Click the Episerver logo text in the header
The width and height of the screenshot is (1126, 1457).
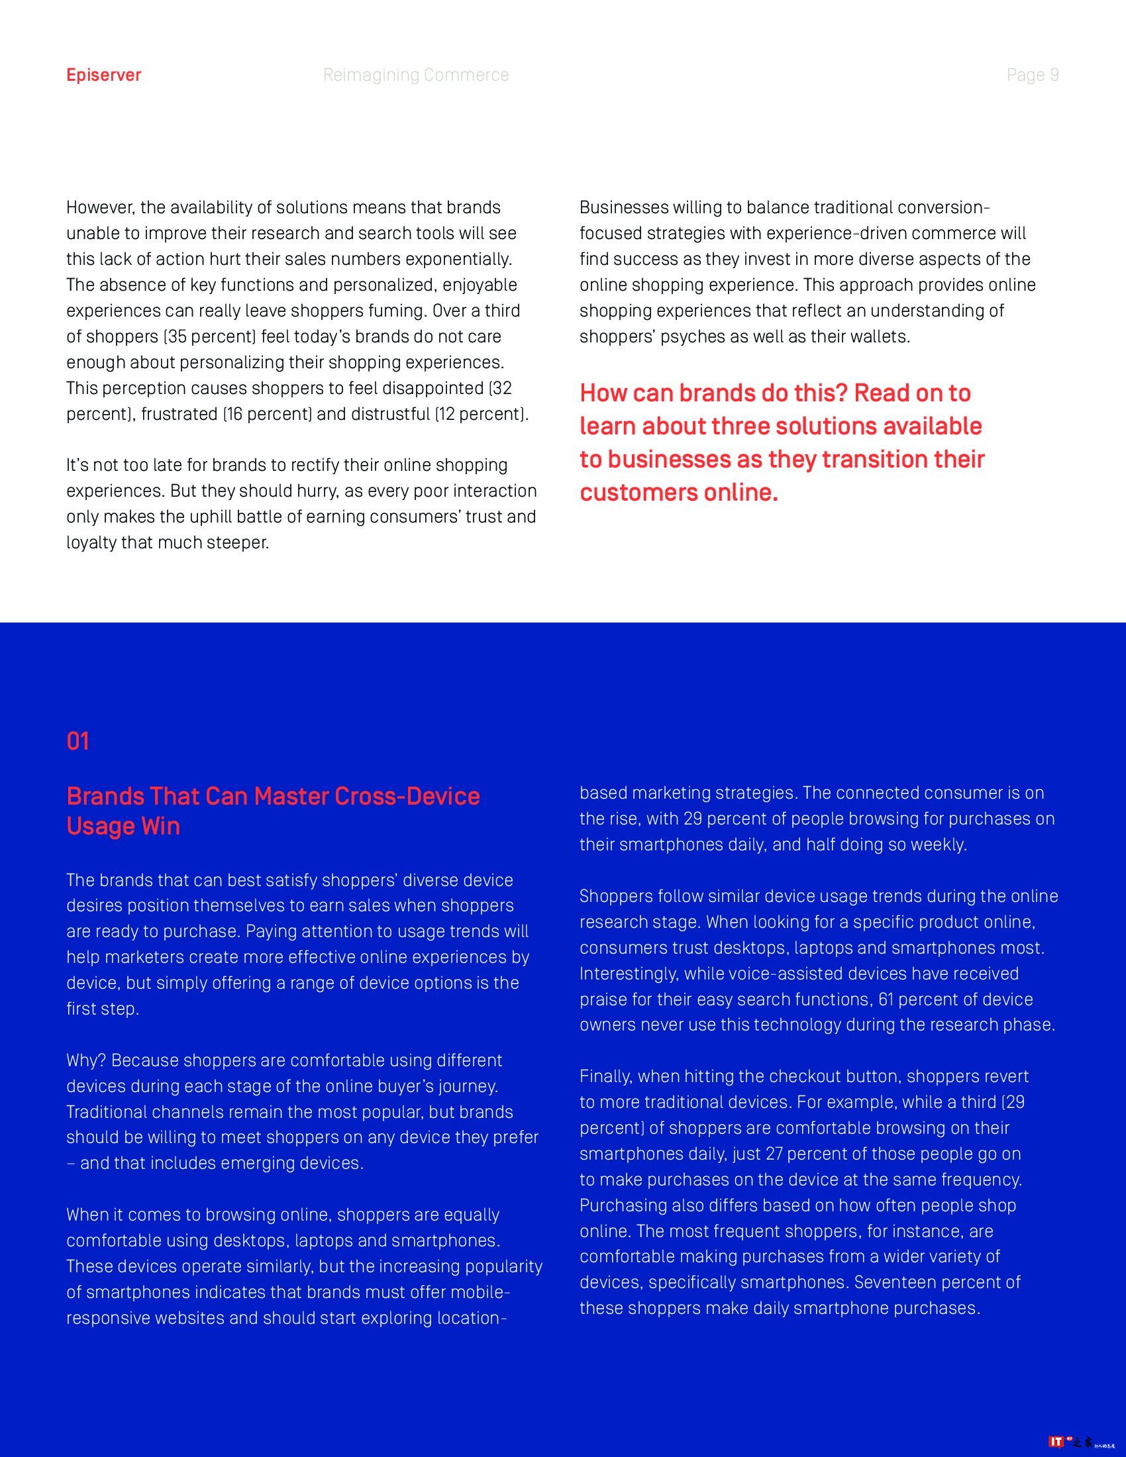click(103, 75)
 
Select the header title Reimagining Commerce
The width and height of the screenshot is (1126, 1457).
click(415, 75)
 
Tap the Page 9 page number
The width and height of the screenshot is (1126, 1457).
click(1032, 75)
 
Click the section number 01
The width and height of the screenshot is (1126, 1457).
click(77, 741)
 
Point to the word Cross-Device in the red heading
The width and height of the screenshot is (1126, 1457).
click(407, 796)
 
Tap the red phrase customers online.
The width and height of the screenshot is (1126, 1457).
click(678, 492)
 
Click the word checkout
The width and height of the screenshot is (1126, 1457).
click(799, 1076)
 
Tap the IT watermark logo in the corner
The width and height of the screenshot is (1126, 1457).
click(1056, 1442)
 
